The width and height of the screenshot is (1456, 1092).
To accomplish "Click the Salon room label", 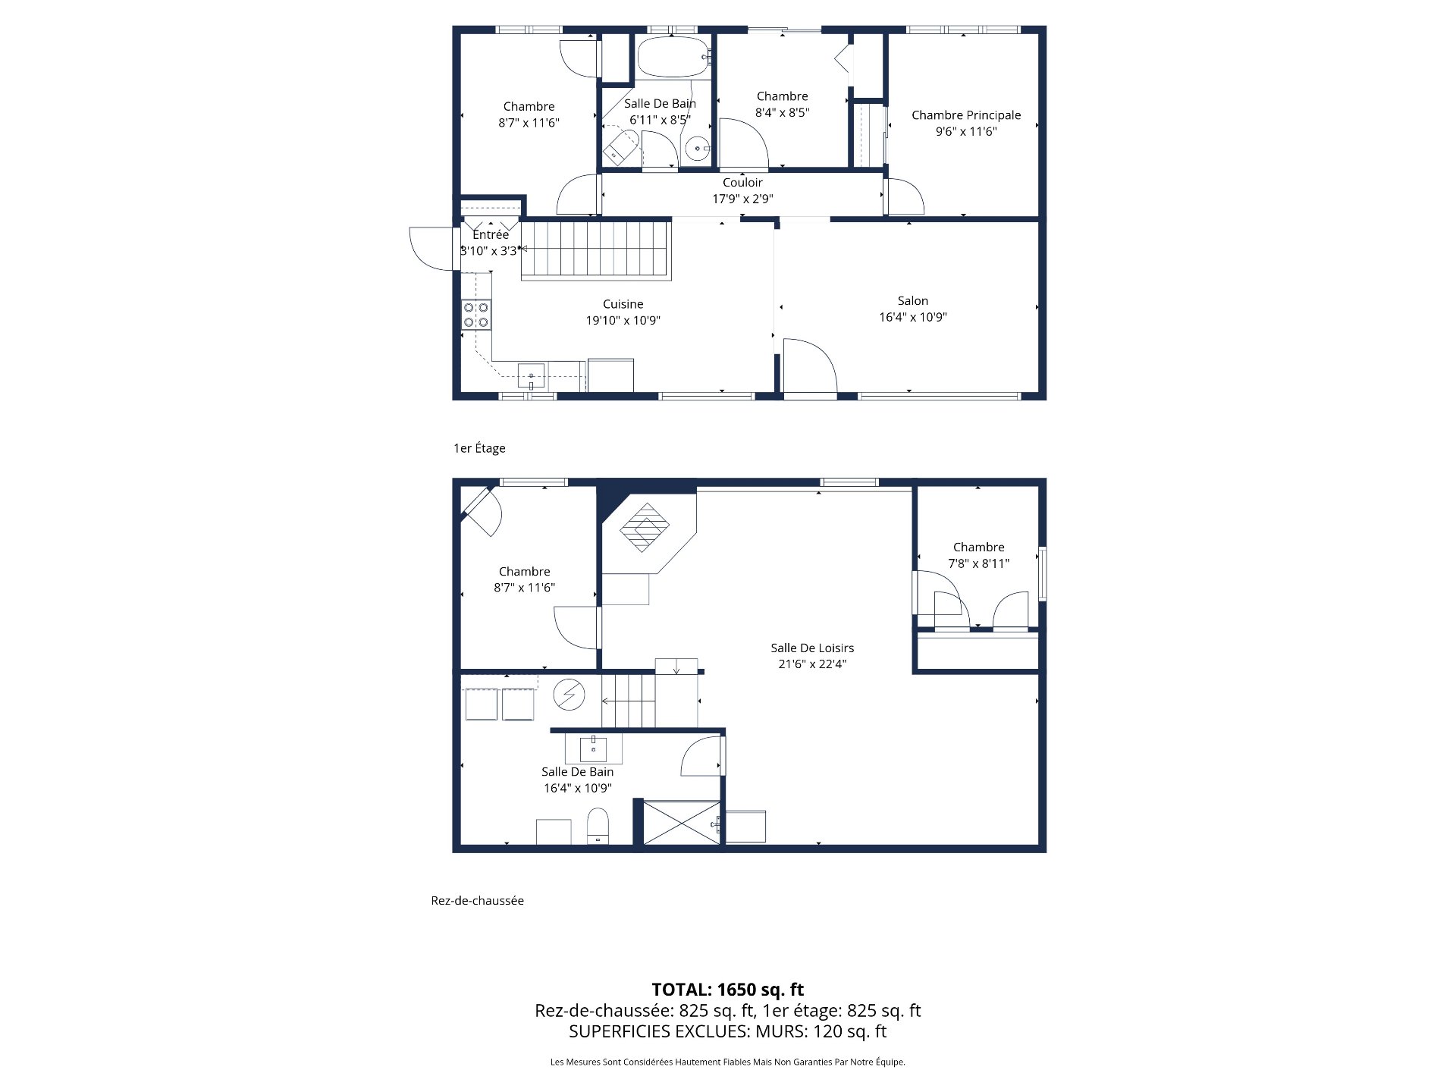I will (x=912, y=301).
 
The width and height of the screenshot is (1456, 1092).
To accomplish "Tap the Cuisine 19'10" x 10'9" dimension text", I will (x=623, y=321).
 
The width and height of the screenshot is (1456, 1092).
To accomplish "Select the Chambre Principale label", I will (x=965, y=115).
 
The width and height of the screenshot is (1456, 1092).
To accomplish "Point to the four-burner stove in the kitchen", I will (x=476, y=315).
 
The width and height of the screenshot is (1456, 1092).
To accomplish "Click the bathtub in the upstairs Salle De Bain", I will (x=673, y=58).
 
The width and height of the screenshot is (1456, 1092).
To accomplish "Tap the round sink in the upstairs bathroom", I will (x=695, y=149).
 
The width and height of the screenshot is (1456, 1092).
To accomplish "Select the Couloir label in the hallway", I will (x=742, y=183).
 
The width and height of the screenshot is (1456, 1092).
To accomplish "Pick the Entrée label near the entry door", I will (x=490, y=235).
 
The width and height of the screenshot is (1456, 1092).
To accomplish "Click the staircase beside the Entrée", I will (x=596, y=249).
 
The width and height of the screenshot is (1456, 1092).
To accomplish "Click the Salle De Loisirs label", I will (x=812, y=648).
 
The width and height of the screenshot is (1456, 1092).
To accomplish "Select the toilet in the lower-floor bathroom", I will (x=598, y=826).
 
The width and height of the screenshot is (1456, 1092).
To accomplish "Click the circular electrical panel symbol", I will (x=568, y=695).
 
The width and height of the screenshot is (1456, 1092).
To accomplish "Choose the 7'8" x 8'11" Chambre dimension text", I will (x=978, y=564).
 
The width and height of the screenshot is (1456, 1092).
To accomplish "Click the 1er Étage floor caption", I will (x=479, y=448).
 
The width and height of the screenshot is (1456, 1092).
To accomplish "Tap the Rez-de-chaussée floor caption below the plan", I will (x=477, y=901).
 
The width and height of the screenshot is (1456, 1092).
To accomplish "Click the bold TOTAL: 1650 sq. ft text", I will (x=727, y=990).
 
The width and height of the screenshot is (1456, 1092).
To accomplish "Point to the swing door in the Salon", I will (x=808, y=367).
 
